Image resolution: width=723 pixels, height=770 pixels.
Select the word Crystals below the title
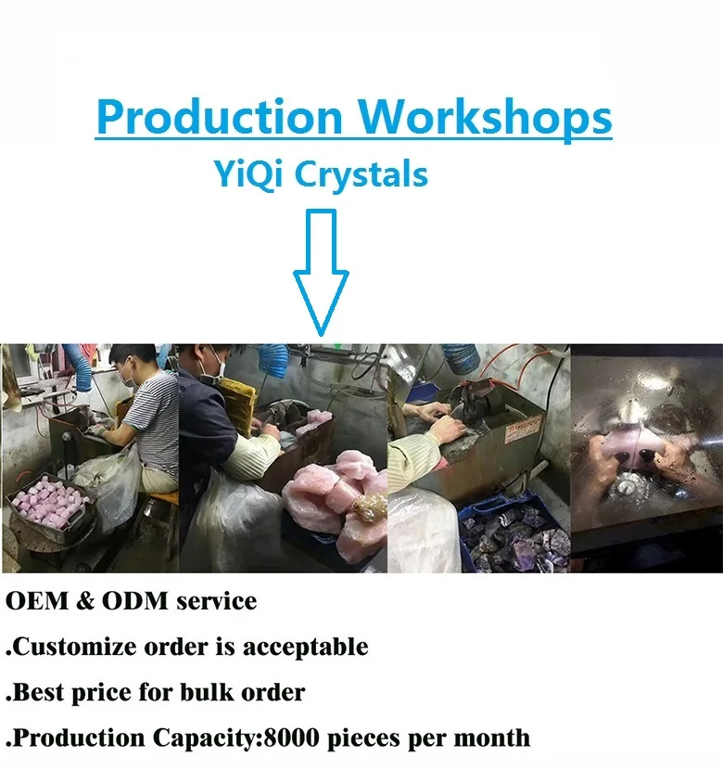(x=361, y=174)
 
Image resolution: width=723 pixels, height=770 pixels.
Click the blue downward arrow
(x=321, y=273)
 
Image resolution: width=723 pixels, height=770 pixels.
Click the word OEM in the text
(x=37, y=601)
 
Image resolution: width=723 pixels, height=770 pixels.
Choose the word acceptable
(x=306, y=647)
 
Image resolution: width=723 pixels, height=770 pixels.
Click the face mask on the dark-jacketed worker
(x=214, y=371)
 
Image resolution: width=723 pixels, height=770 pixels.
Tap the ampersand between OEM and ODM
(x=85, y=601)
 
